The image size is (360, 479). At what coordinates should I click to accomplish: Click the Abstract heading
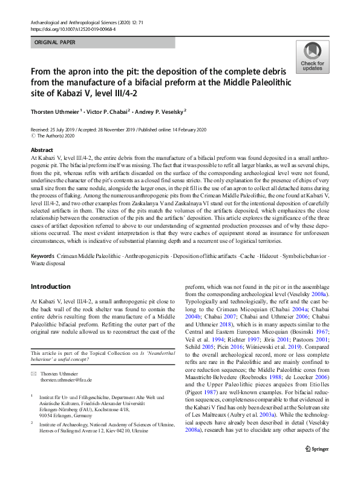pos(42,150)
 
